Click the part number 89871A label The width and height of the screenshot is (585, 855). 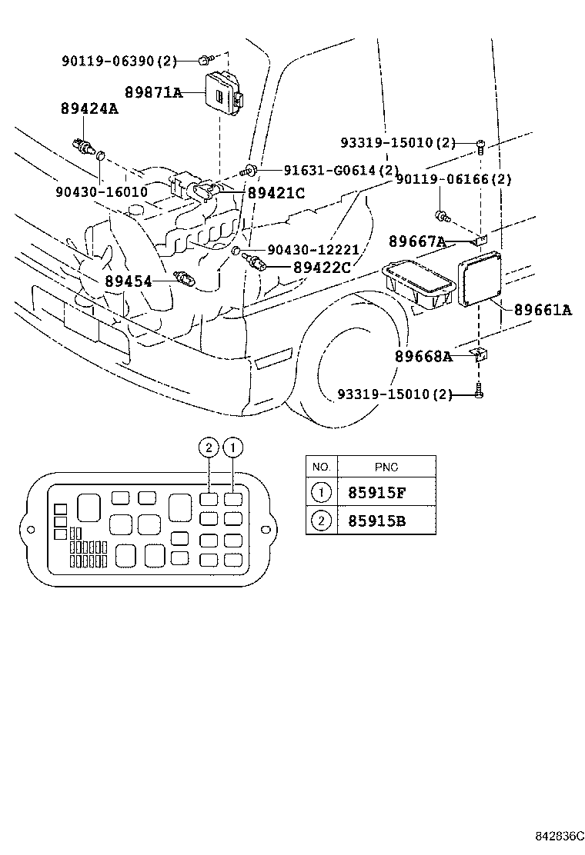click(153, 93)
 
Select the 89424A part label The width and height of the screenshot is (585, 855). click(89, 109)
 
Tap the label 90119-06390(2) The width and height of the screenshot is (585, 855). click(119, 60)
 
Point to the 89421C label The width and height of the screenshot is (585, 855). click(276, 194)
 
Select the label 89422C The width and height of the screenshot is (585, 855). click(321, 268)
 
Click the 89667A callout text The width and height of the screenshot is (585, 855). click(416, 242)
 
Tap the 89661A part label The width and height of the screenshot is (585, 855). click(543, 310)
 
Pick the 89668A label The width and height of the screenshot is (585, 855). click(423, 357)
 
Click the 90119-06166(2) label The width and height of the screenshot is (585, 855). click(453, 179)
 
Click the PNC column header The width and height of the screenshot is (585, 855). click(386, 467)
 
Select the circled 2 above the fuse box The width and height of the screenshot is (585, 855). click(207, 447)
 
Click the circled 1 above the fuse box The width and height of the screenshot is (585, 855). click(233, 447)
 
